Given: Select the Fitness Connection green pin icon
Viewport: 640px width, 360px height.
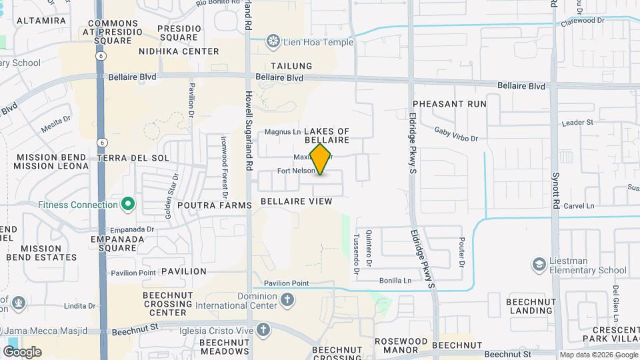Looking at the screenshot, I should [x=128, y=205].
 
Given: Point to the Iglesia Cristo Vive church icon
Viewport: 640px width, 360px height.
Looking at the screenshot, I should [x=263, y=329].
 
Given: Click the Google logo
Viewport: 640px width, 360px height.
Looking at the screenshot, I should [x=22, y=352].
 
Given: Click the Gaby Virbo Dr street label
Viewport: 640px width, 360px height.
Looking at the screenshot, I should [x=456, y=135].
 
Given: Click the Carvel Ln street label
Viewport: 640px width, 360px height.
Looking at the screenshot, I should [x=578, y=206].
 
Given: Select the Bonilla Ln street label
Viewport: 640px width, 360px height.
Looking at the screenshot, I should [x=395, y=281].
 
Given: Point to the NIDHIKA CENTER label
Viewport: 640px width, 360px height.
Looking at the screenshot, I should [x=179, y=51].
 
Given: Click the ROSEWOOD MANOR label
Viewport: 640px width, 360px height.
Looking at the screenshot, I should [x=401, y=346].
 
